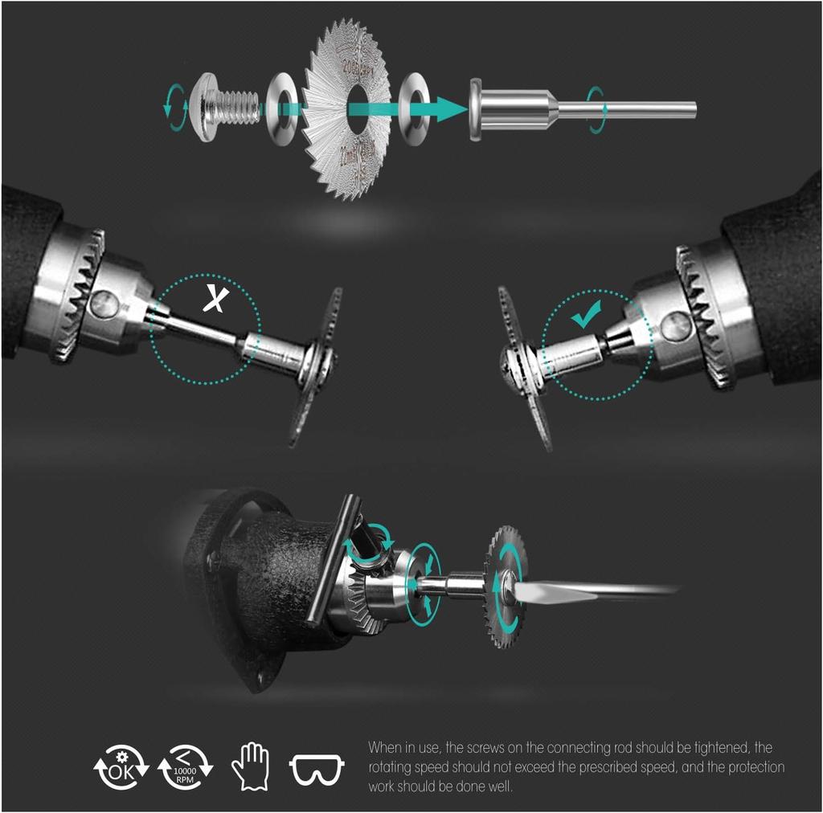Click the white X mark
(x=215, y=299)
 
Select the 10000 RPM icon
(x=185, y=766)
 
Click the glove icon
(x=250, y=766)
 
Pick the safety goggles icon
(x=317, y=769)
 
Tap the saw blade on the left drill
(x=316, y=366)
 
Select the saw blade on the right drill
(x=523, y=368)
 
